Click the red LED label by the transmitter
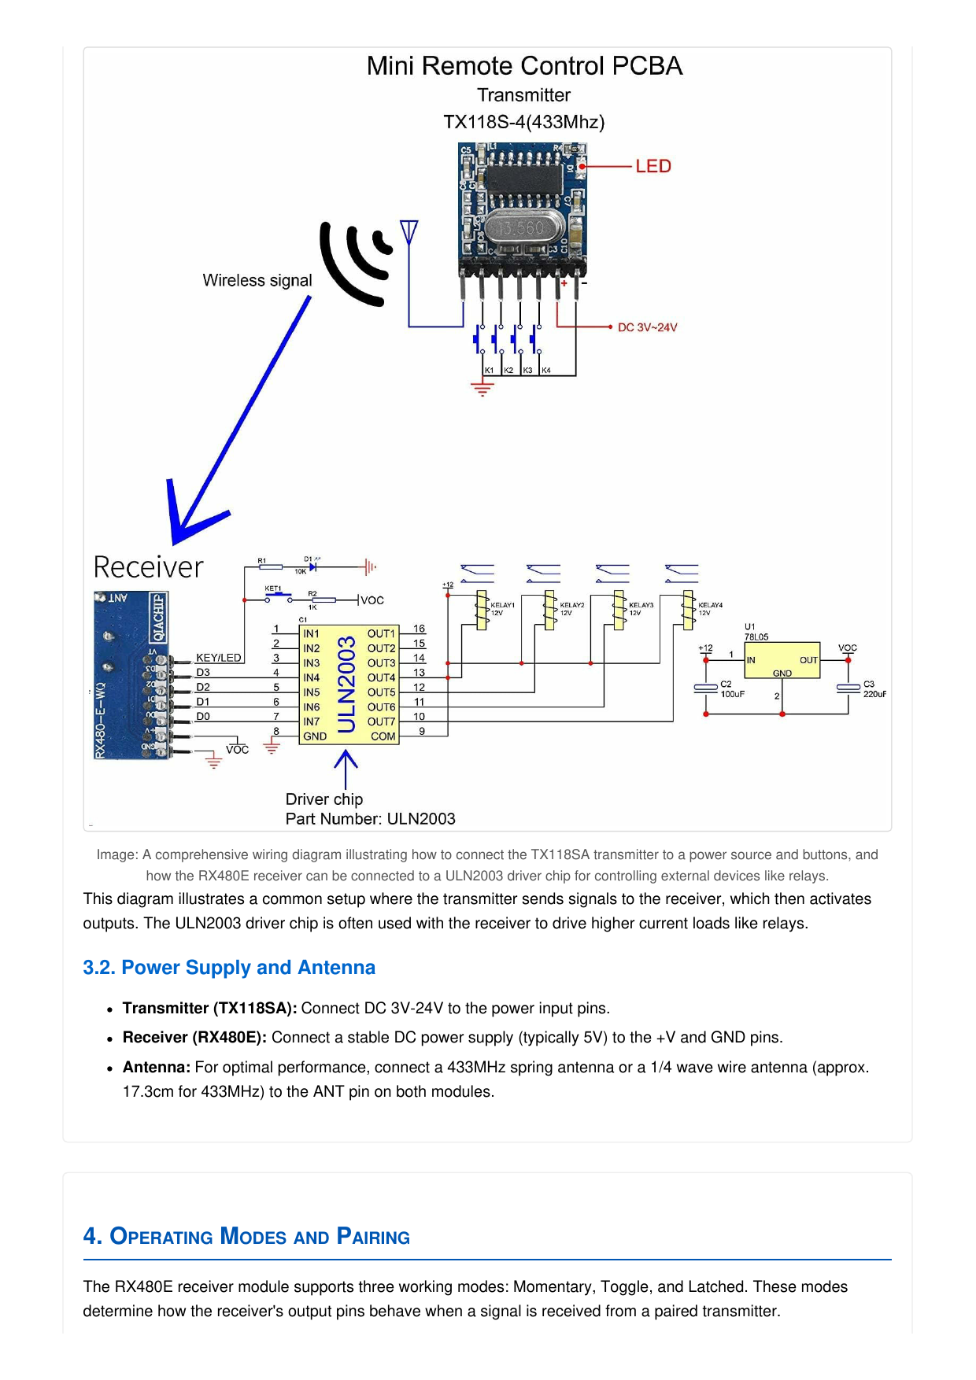click(653, 166)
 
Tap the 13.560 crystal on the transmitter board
click(520, 228)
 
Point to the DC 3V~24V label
click(647, 327)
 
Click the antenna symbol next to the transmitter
click(409, 233)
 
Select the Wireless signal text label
click(257, 281)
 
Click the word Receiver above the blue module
click(148, 567)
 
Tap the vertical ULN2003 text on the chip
click(346, 684)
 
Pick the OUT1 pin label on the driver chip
click(381, 633)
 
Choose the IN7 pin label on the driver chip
click(312, 721)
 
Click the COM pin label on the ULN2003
click(383, 736)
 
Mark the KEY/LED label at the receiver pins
click(218, 658)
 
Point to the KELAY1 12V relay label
click(502, 609)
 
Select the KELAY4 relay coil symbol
click(688, 610)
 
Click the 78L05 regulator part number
click(756, 636)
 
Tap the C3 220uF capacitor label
click(874, 689)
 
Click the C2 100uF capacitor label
click(732, 689)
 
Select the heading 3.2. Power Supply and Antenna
click(229, 967)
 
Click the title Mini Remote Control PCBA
click(524, 66)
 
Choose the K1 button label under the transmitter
click(489, 370)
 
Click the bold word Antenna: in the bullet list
click(157, 1067)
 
